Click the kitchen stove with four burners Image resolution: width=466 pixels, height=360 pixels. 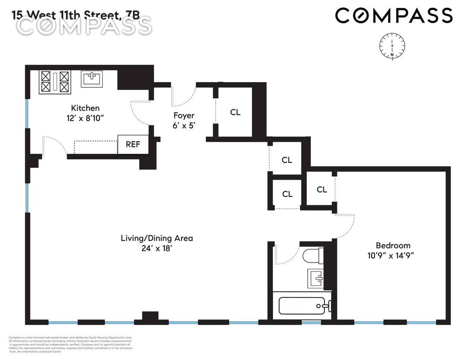point(55,82)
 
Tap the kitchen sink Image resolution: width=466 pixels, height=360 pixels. point(91,79)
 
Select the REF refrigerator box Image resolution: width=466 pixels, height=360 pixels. point(133,144)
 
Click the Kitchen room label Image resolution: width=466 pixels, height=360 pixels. point(85,108)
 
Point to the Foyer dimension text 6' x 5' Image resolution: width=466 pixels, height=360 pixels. point(184,127)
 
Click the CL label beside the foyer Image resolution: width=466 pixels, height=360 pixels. point(235,113)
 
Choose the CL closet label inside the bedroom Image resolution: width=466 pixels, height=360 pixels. point(322,190)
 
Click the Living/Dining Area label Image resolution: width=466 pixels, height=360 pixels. point(157,238)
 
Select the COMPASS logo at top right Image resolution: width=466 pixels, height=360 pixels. point(394,16)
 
